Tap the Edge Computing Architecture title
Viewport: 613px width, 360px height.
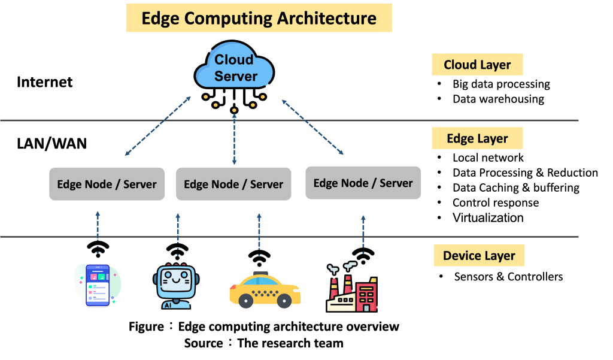click(x=259, y=18)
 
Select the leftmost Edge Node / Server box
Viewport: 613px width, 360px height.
click(x=107, y=184)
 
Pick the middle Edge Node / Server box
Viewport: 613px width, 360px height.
click(x=233, y=184)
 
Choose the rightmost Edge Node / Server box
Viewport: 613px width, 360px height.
click(x=363, y=183)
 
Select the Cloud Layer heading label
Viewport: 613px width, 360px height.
click(x=477, y=65)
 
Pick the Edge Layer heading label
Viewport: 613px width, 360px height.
click(x=477, y=138)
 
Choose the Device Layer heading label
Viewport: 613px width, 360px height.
click(x=479, y=256)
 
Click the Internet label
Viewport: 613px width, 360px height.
click(x=45, y=82)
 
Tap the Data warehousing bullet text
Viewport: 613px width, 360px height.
click(x=498, y=99)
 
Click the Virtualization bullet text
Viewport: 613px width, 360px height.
click(x=488, y=217)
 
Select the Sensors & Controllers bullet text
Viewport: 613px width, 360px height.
click(x=508, y=277)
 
